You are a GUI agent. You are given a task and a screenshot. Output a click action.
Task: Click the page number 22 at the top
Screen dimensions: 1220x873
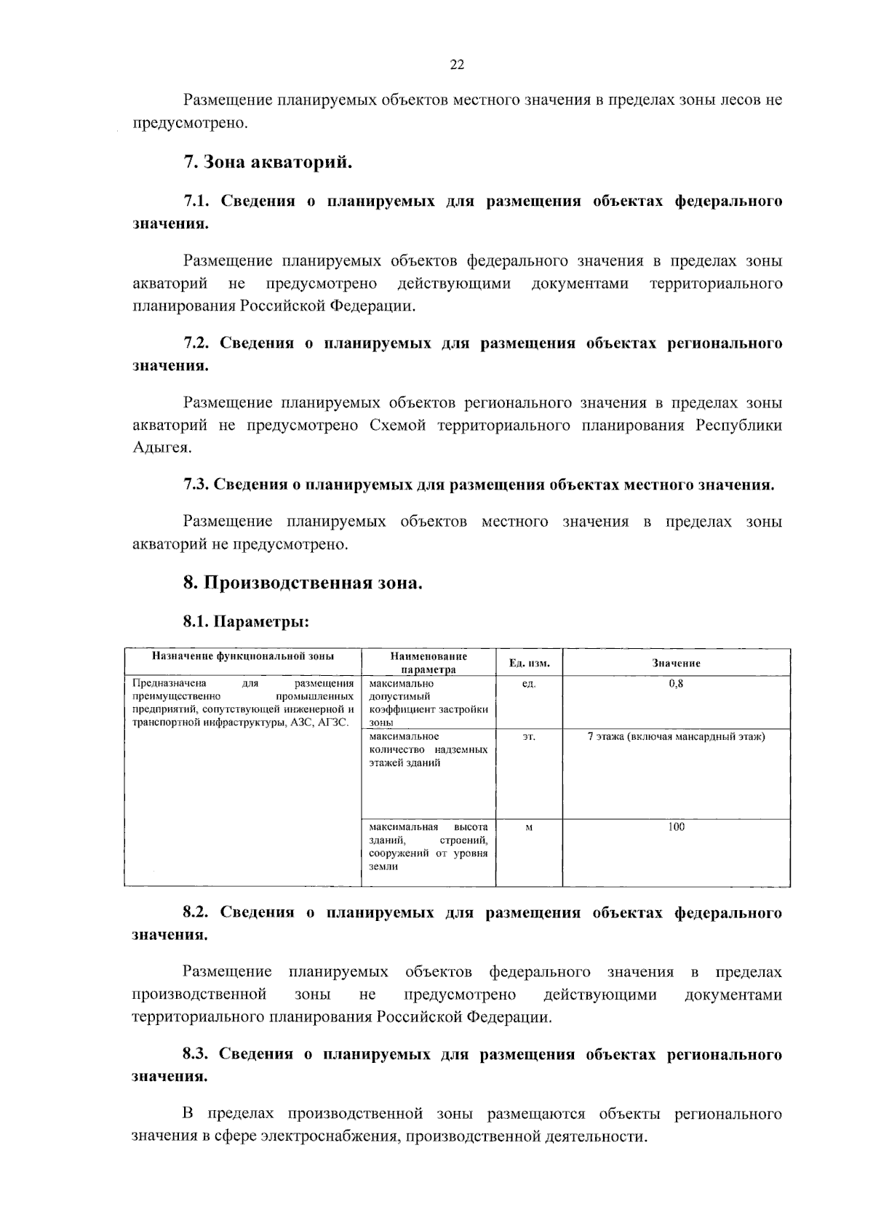457,65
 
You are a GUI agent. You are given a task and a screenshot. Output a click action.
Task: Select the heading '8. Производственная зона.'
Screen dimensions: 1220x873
303,583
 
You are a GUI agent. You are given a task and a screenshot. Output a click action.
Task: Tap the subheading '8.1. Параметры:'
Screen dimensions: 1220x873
246,622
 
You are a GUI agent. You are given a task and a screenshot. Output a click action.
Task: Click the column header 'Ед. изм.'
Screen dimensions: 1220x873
529,663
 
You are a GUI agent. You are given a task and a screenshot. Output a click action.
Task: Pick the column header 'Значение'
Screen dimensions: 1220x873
676,663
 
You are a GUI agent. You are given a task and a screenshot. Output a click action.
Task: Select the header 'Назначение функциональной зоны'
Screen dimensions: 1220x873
243,656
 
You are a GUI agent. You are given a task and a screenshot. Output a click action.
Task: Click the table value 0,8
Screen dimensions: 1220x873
676,684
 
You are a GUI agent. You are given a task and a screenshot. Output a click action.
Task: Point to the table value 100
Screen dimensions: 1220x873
676,826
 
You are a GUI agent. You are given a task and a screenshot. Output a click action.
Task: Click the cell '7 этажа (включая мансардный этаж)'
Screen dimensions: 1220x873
676,737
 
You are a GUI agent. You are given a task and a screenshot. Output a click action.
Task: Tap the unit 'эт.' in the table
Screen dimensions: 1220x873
529,737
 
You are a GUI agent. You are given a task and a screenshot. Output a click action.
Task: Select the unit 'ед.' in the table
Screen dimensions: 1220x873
529,684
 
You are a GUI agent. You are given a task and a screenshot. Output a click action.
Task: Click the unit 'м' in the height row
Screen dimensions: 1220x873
529,827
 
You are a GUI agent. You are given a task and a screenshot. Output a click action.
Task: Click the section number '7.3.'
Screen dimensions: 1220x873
196,485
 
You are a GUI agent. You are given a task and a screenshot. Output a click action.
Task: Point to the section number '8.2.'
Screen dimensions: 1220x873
196,913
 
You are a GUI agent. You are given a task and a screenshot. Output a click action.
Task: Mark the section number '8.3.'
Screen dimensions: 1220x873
196,1055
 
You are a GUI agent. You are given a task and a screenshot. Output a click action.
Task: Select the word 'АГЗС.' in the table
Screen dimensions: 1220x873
334,722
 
